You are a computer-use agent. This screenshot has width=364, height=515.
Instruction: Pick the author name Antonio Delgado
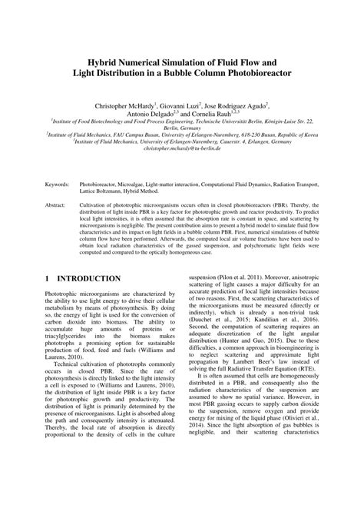(141, 113)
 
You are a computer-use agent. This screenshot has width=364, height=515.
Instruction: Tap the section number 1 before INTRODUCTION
(48, 277)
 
